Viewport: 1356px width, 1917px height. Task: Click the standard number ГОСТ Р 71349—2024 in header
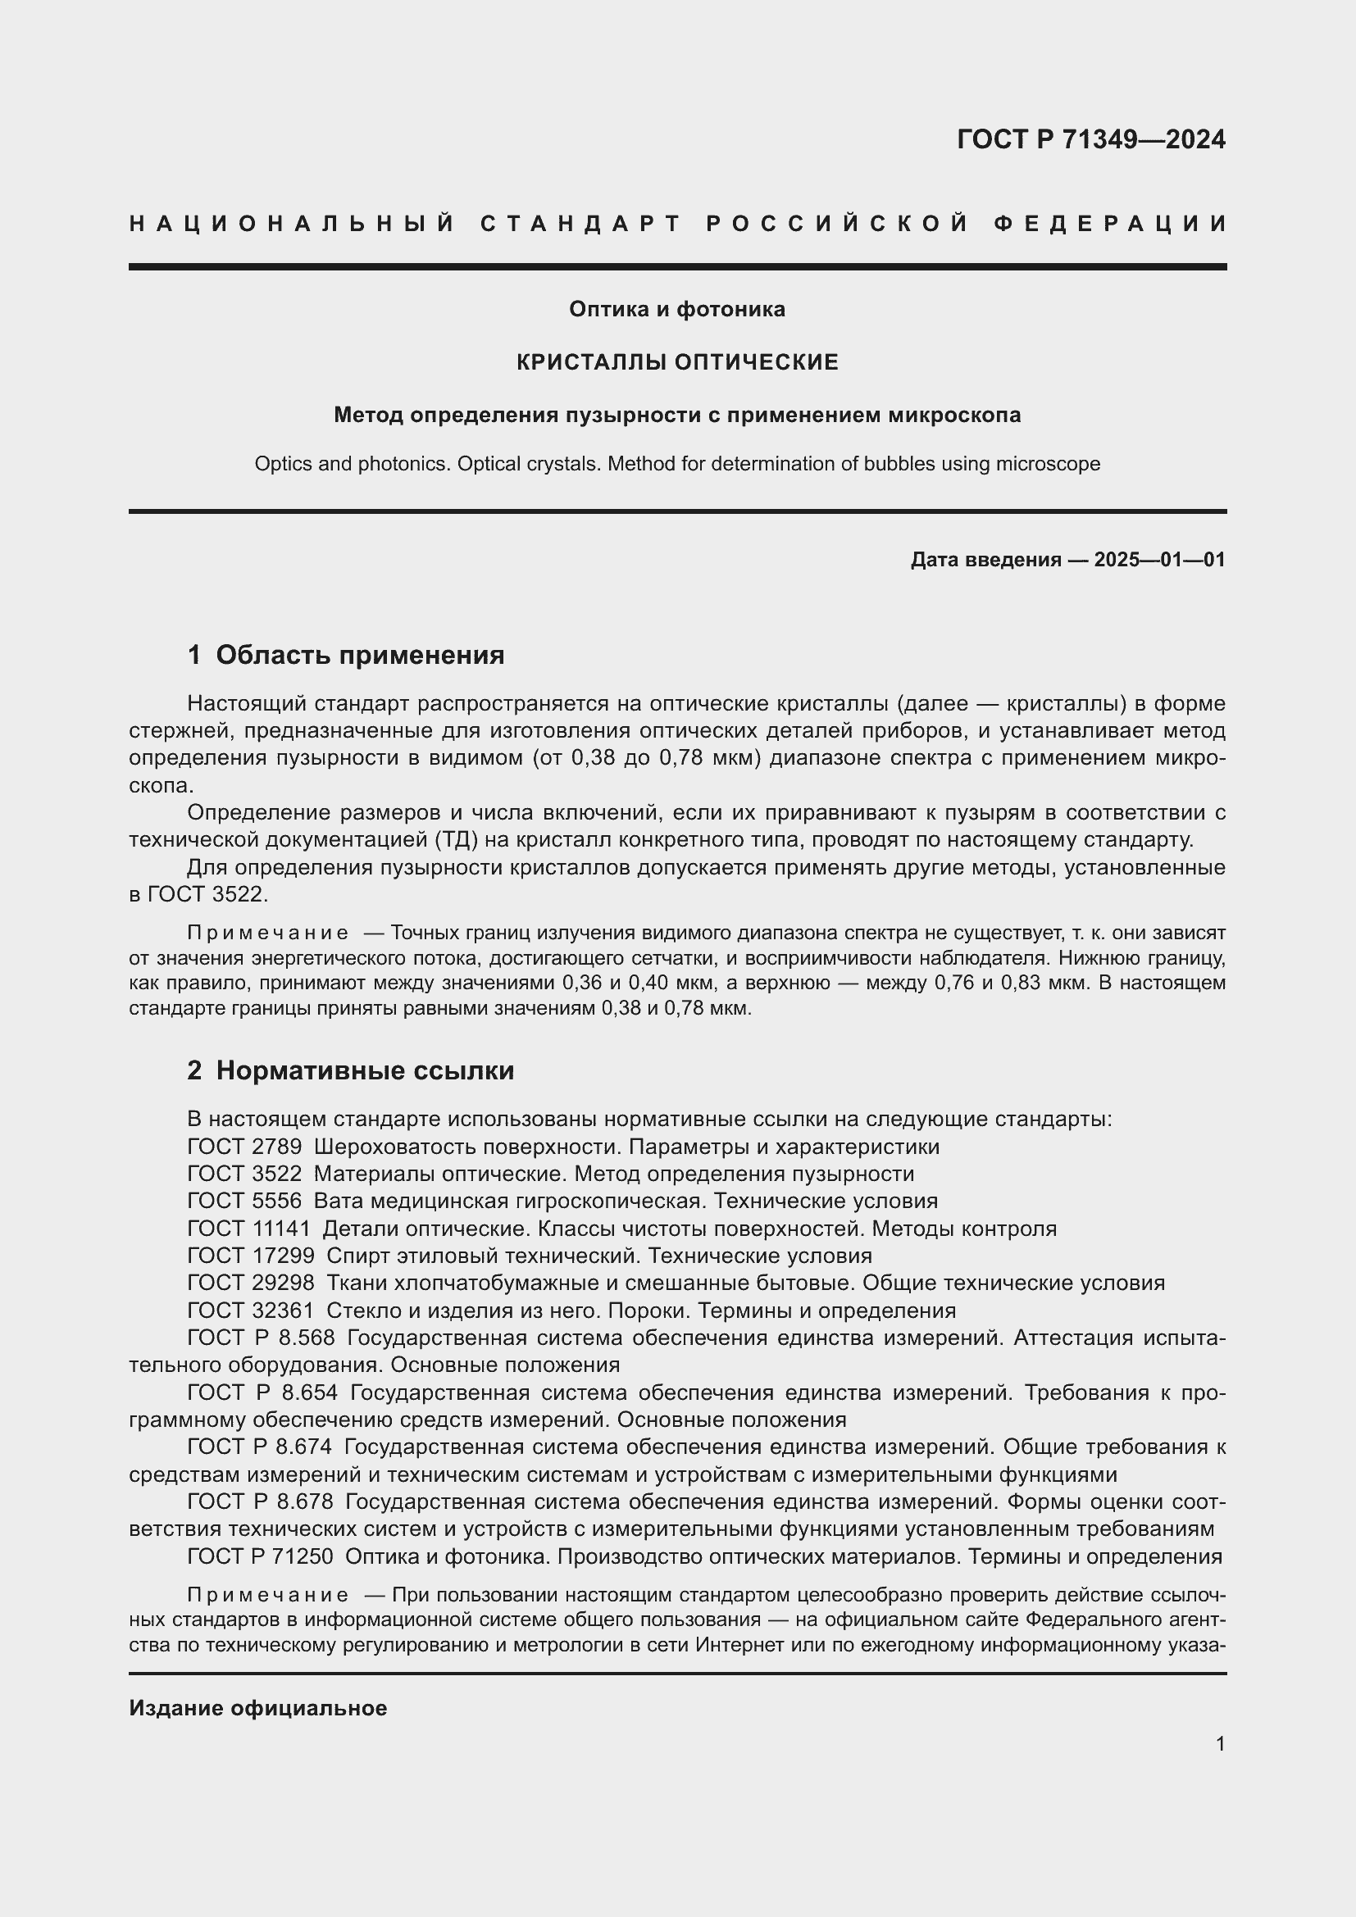click(1090, 139)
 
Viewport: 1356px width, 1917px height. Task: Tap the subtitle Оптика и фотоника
click(677, 309)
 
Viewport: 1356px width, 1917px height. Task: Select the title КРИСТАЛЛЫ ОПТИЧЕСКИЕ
click(677, 362)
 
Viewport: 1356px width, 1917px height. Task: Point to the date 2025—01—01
click(1159, 560)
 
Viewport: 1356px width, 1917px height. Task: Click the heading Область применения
click(360, 656)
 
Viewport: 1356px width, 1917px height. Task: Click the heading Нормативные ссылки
click(365, 1070)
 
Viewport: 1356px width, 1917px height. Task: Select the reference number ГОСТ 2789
click(244, 1147)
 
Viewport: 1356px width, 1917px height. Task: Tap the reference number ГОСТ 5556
click(244, 1202)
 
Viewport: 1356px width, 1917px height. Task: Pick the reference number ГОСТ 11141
click(249, 1229)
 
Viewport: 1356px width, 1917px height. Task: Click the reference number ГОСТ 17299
click(251, 1256)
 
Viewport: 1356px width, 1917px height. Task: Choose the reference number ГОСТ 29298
click(251, 1283)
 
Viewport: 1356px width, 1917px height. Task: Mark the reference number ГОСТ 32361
click(251, 1311)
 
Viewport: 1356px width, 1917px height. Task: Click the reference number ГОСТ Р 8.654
click(262, 1392)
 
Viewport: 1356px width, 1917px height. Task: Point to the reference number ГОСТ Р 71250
click(260, 1556)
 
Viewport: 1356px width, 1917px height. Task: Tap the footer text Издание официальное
click(258, 1708)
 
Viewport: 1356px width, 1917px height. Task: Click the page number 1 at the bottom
click(1220, 1743)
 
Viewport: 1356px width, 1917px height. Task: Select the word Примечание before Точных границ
click(267, 933)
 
